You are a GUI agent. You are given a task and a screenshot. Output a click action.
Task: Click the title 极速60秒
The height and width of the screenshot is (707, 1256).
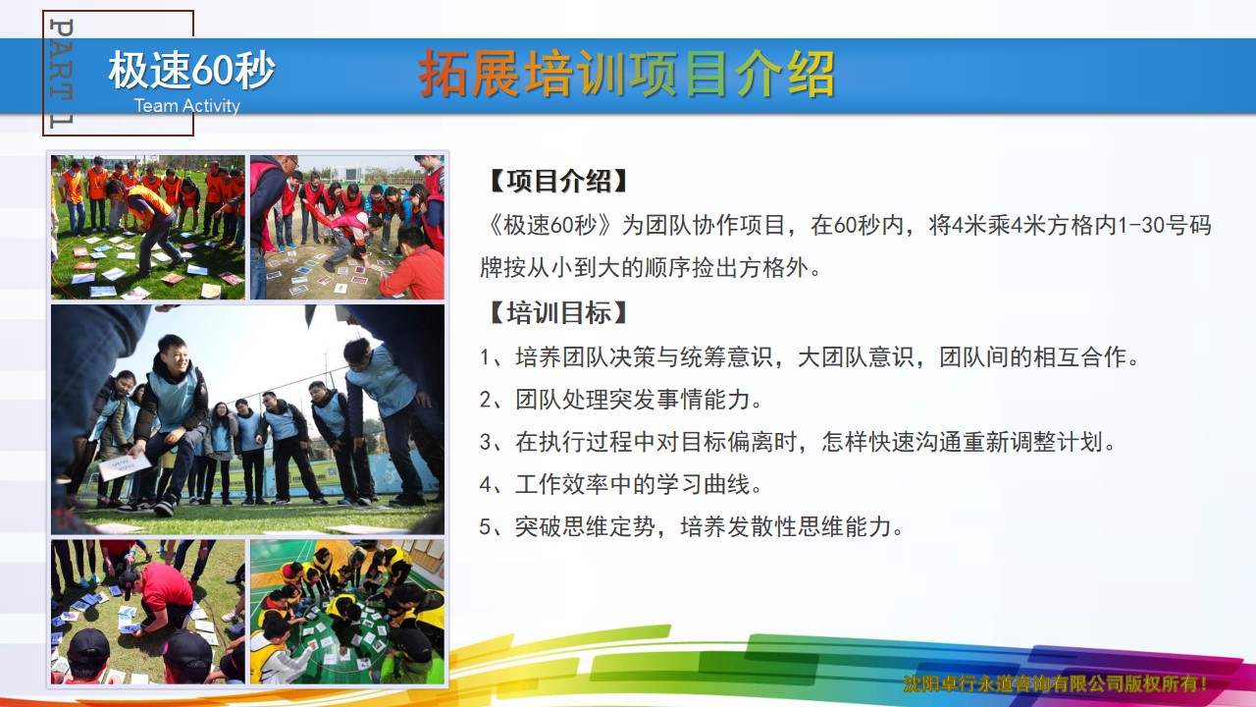[x=191, y=70]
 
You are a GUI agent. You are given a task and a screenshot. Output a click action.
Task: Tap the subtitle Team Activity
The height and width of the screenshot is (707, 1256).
[x=186, y=105]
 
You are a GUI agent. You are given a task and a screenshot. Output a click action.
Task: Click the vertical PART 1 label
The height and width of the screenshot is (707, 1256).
[x=61, y=73]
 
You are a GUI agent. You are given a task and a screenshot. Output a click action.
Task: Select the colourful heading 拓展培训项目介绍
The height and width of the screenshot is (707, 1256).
[x=626, y=74]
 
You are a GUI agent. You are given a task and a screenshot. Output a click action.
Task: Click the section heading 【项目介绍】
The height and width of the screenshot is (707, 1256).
[x=558, y=182]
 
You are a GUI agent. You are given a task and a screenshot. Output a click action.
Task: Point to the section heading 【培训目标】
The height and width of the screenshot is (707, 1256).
[x=558, y=312]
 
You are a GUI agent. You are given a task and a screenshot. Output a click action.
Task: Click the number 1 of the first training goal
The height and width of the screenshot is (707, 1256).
[x=485, y=357]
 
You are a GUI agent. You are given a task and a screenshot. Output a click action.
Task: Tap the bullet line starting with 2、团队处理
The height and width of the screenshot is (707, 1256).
[x=620, y=400]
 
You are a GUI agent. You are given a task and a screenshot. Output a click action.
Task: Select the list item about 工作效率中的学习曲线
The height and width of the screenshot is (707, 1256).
[x=620, y=484]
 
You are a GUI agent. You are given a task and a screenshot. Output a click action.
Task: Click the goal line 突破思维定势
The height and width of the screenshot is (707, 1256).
[x=691, y=527]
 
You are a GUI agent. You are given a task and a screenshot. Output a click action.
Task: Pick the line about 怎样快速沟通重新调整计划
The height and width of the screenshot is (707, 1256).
[x=798, y=442]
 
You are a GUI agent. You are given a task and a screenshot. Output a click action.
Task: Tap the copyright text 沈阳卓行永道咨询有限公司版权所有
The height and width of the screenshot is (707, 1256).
[x=1055, y=683]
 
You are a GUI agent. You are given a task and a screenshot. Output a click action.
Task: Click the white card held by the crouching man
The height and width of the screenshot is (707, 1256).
[x=124, y=466]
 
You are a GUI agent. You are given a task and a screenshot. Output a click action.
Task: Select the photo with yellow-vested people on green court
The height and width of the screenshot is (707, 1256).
[x=347, y=612]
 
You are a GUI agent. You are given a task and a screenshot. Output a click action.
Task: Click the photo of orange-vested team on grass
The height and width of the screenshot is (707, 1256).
[x=148, y=227]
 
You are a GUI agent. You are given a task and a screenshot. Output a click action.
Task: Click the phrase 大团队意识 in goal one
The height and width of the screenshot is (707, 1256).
[x=856, y=357]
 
